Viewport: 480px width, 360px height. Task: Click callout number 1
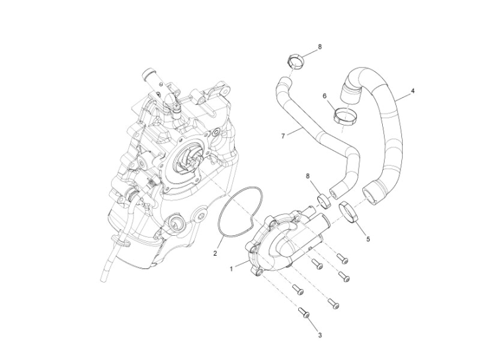pos(231,269)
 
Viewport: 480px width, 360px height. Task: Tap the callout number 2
pos(215,253)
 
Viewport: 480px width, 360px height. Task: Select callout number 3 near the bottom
pos(319,336)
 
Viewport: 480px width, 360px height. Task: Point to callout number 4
pos(413,91)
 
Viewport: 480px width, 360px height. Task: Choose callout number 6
pos(325,96)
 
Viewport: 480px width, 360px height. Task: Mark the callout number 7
pos(283,136)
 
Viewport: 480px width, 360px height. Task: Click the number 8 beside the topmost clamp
pos(319,48)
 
